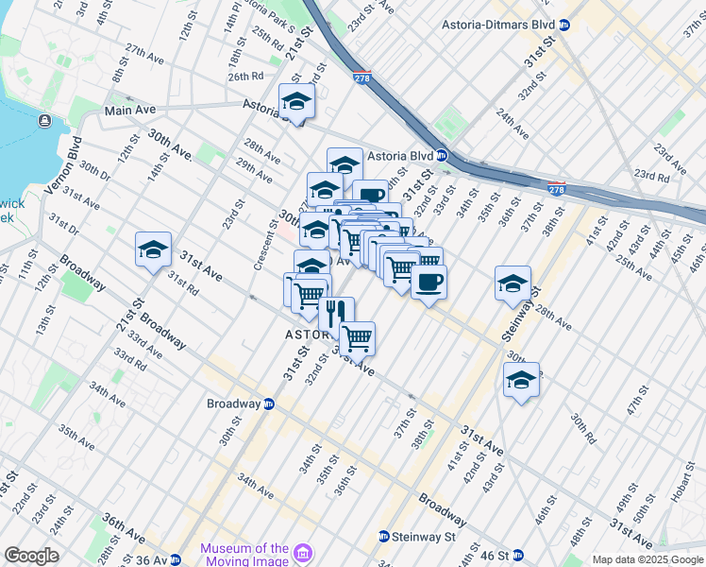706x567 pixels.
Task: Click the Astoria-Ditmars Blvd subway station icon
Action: [x=564, y=25]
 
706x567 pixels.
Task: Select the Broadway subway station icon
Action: [x=269, y=404]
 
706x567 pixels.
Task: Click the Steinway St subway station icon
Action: [x=383, y=537]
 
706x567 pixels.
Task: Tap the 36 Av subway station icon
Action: [x=175, y=559]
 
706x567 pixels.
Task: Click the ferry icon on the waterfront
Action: [x=44, y=120]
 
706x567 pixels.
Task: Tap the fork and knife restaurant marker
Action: [x=336, y=313]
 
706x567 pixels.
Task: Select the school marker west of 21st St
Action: [x=153, y=249]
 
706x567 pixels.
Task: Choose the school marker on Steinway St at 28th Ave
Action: [x=513, y=283]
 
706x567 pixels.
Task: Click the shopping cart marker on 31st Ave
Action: [x=357, y=337]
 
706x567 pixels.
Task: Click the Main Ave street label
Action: [x=130, y=111]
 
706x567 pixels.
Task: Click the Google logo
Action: [x=31, y=556]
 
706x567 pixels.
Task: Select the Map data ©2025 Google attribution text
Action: [x=647, y=559]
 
